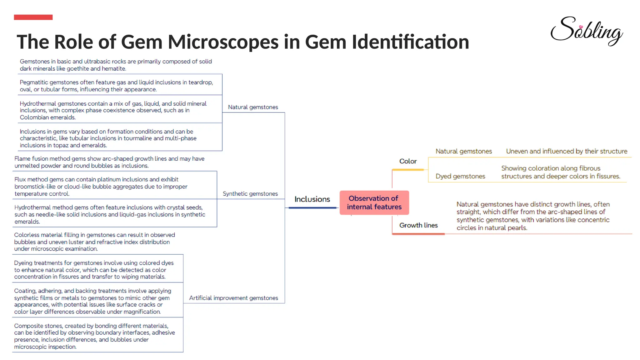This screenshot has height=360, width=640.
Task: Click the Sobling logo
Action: (586, 31)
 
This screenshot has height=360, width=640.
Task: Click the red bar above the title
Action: (33, 17)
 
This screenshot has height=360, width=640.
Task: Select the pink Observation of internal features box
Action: (374, 202)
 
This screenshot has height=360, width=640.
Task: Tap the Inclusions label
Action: (312, 199)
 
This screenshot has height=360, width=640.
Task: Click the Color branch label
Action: (408, 161)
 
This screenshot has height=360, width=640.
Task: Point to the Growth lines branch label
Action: (418, 225)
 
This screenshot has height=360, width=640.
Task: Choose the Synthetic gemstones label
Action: (250, 194)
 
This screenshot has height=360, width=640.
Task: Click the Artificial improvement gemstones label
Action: (233, 298)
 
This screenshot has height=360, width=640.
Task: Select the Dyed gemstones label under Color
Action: (460, 176)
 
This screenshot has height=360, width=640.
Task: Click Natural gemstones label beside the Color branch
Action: (463, 151)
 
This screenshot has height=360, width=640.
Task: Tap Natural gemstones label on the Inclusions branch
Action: (253, 107)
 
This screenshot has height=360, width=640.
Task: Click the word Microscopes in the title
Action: (223, 42)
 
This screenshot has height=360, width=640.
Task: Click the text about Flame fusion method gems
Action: (109, 162)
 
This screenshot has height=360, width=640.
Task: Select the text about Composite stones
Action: (94, 336)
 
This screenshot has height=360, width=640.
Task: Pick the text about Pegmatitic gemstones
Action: (116, 86)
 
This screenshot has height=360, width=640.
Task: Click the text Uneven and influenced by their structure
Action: (566, 151)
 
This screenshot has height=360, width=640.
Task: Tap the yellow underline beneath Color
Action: (408, 170)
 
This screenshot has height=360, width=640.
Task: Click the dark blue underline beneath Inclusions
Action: (312, 207)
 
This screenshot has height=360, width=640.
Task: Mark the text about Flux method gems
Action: (101, 187)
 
